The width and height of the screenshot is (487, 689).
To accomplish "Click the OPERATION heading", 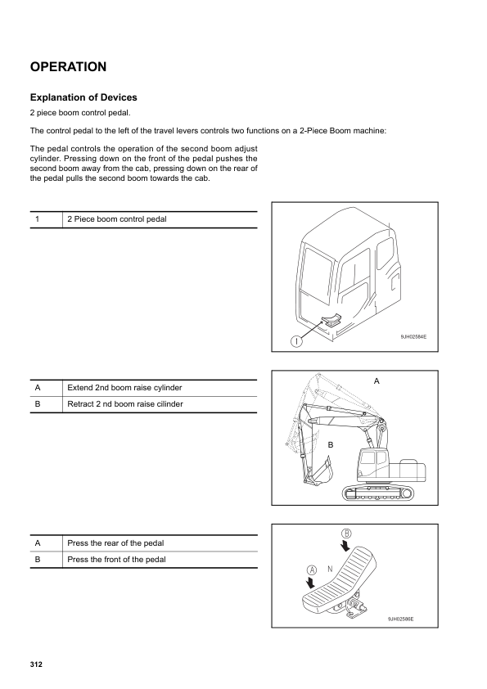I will coord(68,66).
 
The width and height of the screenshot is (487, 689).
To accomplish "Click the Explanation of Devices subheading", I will coord(83,97).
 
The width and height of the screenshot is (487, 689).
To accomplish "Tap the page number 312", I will coord(36,664).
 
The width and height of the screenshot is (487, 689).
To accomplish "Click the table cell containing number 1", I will coord(38,219).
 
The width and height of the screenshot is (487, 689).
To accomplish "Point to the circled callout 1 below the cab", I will coord(292,341).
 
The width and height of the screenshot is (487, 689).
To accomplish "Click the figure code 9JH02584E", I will coord(413,336).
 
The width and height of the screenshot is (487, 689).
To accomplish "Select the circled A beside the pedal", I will coord(312,569).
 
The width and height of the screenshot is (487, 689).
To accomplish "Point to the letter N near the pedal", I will coord(329,568).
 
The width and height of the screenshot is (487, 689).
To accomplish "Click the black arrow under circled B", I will coord(347,546).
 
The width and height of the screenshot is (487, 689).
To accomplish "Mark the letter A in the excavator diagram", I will coord(377,382).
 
